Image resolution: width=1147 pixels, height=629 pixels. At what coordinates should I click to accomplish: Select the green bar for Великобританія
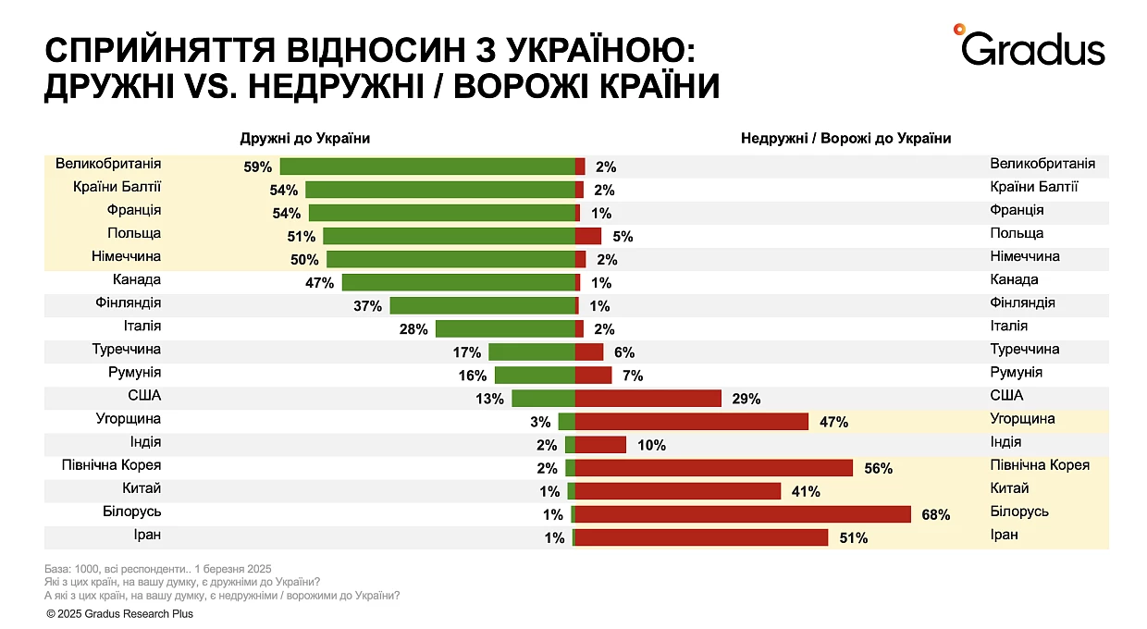(x=427, y=166)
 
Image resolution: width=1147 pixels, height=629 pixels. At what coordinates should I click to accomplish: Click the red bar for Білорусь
(x=743, y=514)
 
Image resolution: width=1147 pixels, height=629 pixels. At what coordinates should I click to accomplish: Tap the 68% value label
(x=935, y=515)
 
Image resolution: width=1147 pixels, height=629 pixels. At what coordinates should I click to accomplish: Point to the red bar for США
(x=648, y=399)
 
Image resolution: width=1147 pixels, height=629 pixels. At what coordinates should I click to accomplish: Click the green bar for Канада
(x=459, y=282)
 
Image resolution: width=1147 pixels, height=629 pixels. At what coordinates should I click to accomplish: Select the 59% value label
(x=257, y=167)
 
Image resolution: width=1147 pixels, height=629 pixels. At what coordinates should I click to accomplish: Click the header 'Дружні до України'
(x=305, y=139)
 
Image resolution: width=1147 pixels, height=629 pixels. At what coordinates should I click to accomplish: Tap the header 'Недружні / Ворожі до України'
(x=845, y=139)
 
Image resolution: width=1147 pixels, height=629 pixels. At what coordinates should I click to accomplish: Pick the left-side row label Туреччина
(x=127, y=350)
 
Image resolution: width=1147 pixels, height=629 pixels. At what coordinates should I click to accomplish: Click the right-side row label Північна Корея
(x=1040, y=465)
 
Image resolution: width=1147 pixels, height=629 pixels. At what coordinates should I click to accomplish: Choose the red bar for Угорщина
(x=692, y=422)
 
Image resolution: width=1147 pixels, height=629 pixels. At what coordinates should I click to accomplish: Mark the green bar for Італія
(x=505, y=329)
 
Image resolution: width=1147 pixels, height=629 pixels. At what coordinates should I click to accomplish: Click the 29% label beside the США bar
(x=746, y=399)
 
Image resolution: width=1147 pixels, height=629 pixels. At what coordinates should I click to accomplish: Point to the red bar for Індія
(x=600, y=445)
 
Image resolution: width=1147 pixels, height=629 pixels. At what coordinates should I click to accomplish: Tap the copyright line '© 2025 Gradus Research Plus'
(x=120, y=613)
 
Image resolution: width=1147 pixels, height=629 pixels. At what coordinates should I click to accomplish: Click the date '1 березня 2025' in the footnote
(x=233, y=569)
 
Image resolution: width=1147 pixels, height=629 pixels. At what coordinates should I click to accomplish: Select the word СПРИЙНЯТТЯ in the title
(x=160, y=50)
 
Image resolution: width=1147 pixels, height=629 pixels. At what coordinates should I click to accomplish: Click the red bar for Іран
(x=701, y=537)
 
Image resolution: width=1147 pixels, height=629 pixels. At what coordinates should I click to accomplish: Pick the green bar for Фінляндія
(x=482, y=306)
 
